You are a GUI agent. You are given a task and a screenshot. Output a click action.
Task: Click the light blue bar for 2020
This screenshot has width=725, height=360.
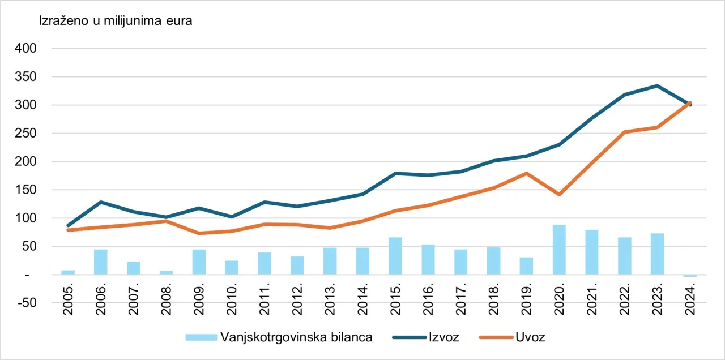pyautogui.click(x=560, y=250)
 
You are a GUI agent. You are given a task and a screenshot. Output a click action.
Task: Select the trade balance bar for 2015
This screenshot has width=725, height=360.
pyautogui.click(x=395, y=256)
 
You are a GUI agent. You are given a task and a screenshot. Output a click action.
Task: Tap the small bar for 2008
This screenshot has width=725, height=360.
pyautogui.click(x=166, y=273)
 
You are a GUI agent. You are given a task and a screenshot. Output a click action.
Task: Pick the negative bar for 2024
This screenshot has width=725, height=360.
pyautogui.click(x=690, y=276)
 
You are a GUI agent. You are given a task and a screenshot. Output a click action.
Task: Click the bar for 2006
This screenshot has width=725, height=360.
pyautogui.click(x=101, y=262)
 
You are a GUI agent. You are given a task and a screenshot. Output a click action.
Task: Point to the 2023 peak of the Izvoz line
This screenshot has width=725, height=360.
pyautogui.click(x=657, y=85)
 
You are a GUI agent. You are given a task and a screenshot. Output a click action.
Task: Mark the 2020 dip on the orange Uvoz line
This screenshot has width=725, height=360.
pyautogui.click(x=560, y=194)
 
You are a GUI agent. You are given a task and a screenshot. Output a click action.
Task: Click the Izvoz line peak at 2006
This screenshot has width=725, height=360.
pyautogui.click(x=101, y=202)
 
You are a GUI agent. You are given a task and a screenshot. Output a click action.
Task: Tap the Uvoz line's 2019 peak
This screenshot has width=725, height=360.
pyautogui.click(x=527, y=173)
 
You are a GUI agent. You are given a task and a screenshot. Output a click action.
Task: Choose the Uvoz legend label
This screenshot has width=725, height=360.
pyautogui.click(x=530, y=337)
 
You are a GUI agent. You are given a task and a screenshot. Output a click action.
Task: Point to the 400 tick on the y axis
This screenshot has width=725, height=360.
pyautogui.click(x=27, y=49)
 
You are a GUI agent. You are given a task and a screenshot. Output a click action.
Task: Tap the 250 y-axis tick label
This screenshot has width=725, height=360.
pyautogui.click(x=27, y=134)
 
